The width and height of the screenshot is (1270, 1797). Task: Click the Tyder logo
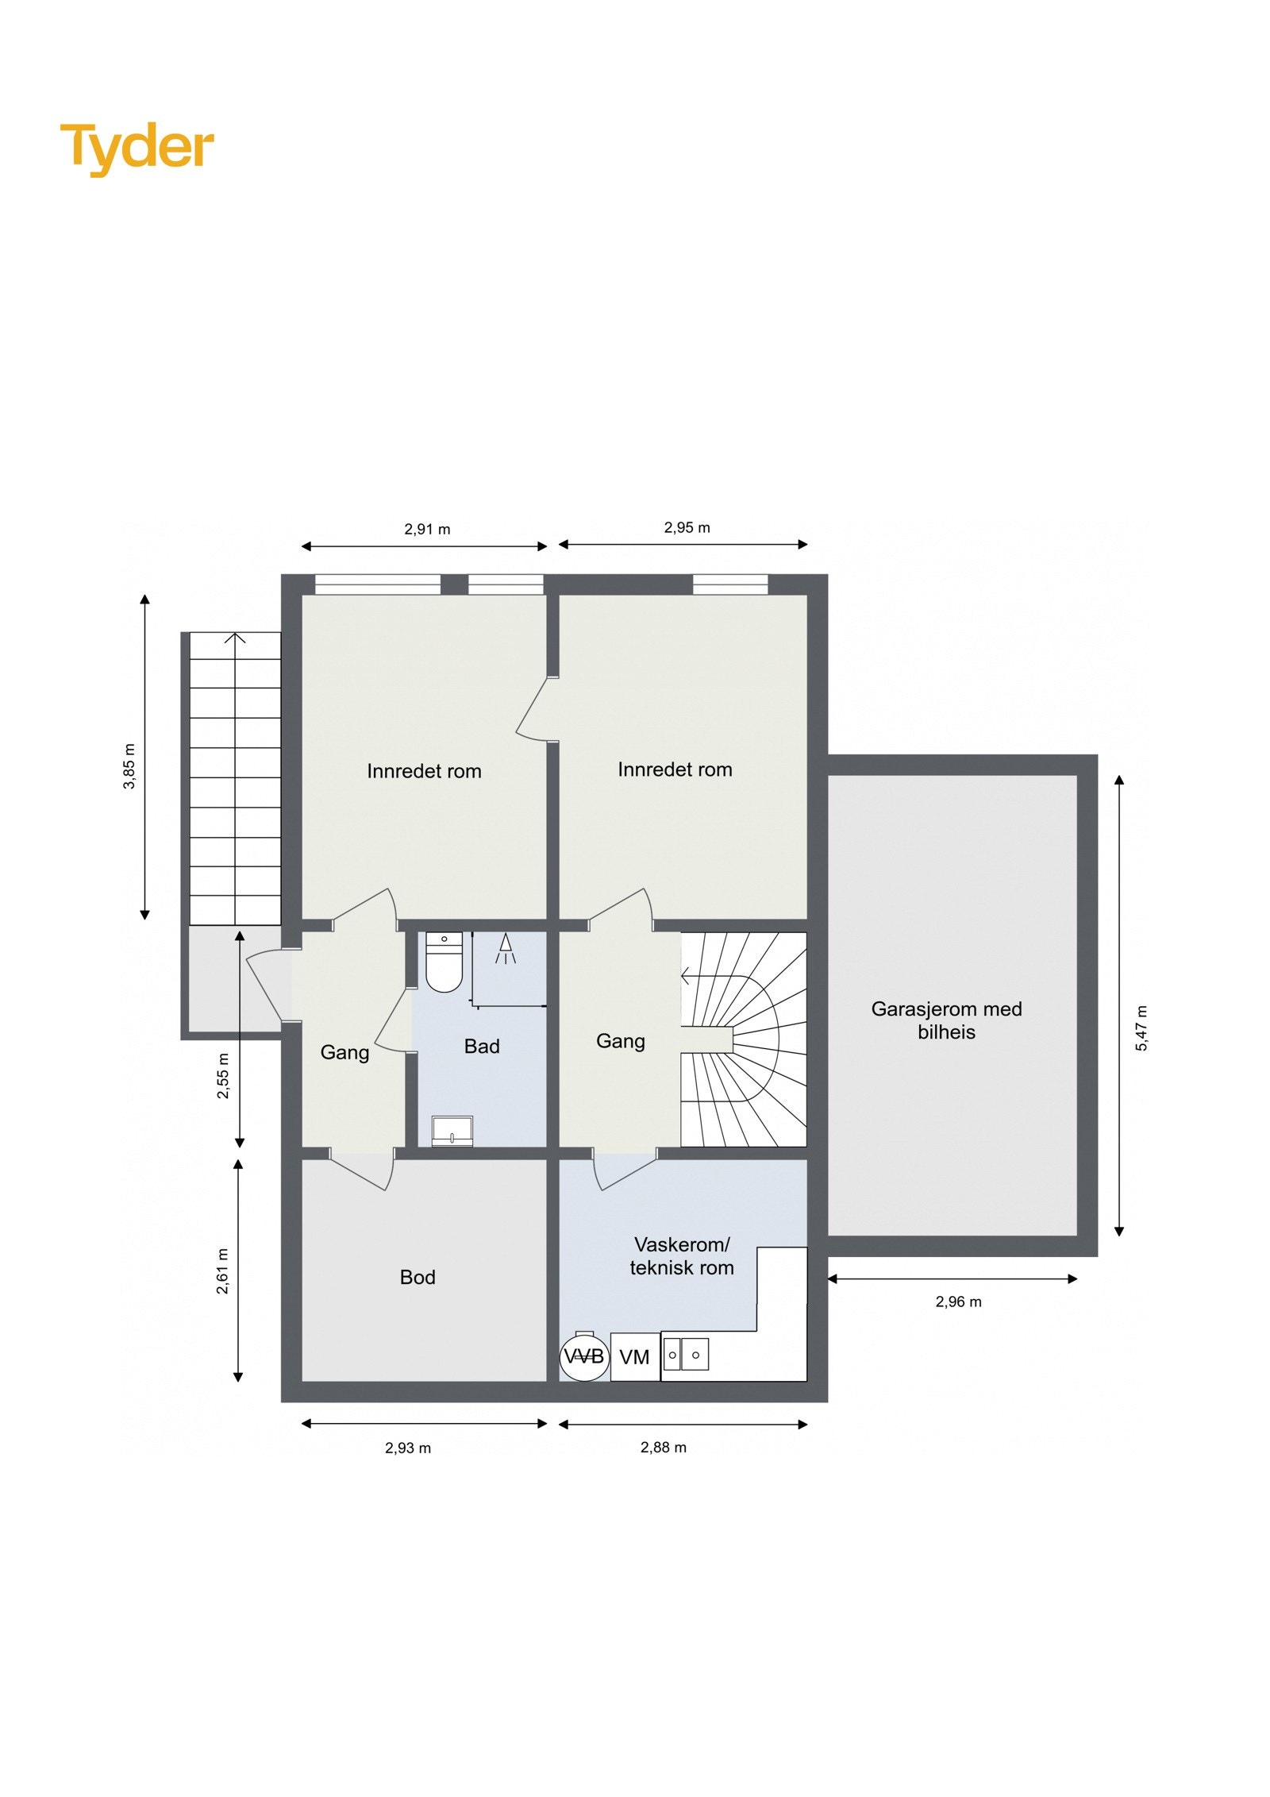137,148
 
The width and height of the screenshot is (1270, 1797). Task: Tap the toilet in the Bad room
444,962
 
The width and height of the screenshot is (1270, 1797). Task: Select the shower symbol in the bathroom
506,948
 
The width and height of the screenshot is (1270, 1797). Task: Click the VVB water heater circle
584,1356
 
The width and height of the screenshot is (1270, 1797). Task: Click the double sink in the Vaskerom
684,1355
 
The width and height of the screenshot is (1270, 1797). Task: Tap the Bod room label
418,1278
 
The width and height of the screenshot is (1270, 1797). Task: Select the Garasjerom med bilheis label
946,1020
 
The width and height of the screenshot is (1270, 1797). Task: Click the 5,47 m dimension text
1141,1028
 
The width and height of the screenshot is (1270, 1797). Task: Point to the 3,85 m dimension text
129,766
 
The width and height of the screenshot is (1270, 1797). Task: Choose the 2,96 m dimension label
958,1301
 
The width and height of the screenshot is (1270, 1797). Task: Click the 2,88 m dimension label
664,1448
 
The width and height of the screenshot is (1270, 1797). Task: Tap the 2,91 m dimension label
427,530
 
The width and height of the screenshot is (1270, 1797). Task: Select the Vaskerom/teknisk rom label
682,1256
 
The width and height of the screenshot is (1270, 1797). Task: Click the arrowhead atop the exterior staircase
236,638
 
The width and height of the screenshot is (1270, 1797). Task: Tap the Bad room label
482,1047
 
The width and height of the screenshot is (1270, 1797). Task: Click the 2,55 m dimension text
224,1076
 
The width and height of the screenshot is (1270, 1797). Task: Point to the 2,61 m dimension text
223,1271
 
